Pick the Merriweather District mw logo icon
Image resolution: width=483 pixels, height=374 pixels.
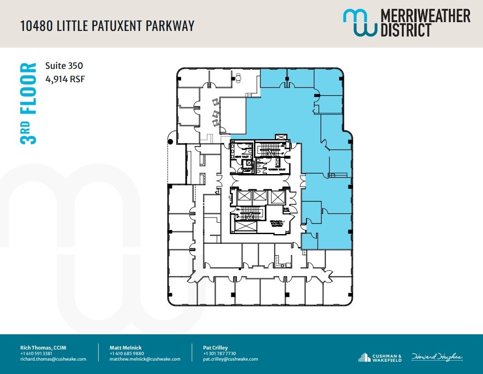click(x=359, y=23)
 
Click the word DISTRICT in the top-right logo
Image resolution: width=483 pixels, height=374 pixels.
click(x=406, y=30)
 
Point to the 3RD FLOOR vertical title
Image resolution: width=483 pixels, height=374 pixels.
click(x=29, y=103)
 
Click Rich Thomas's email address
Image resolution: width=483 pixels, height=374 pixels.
click(x=53, y=359)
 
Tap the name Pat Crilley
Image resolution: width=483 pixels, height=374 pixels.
click(x=215, y=348)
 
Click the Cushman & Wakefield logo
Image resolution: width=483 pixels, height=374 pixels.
click(x=380, y=357)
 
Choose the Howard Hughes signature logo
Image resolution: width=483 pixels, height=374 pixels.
click(x=437, y=357)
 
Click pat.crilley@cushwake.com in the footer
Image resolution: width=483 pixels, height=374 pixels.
click(x=230, y=359)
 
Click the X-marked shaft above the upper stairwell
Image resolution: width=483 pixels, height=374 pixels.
click(x=280, y=137)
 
